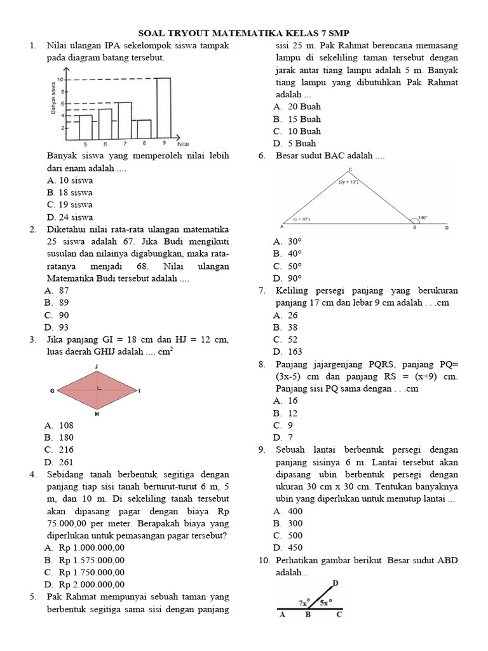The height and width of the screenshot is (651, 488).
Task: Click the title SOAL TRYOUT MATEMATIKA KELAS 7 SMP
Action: (244, 33)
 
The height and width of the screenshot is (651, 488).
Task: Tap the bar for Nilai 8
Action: (144, 128)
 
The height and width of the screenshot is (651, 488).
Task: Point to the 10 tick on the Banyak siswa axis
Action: (61, 79)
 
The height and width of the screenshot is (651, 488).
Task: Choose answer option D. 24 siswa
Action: (69, 217)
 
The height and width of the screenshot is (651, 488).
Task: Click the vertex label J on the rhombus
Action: (96, 366)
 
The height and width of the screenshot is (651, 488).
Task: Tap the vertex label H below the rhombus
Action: (97, 414)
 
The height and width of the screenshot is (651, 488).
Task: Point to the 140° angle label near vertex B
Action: (422, 217)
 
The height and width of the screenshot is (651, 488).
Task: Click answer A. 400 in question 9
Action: (288, 511)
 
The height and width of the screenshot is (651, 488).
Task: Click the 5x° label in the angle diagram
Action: (327, 602)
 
